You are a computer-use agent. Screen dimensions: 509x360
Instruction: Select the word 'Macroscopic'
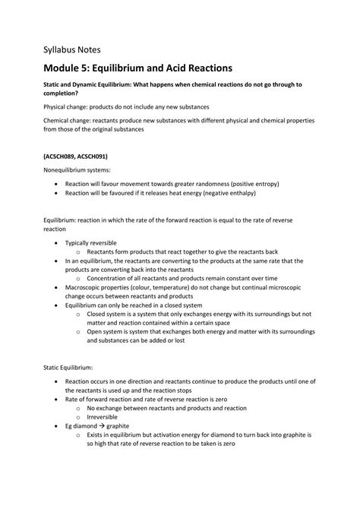(87, 289)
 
